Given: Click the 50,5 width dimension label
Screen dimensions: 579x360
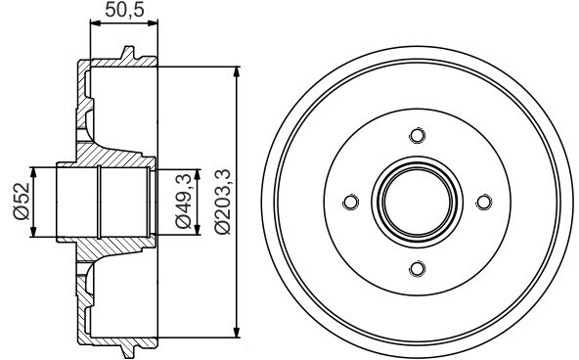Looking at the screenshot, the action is click(x=124, y=9).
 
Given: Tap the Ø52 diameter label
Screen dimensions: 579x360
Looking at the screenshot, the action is click(x=22, y=202).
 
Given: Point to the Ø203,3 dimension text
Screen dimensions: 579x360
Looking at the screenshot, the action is click(x=223, y=202).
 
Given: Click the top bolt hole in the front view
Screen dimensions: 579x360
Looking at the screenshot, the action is click(x=418, y=135).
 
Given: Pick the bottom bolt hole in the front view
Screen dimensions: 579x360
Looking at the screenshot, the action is click(x=418, y=268).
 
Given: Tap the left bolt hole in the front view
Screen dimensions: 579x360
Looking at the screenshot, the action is click(x=350, y=202).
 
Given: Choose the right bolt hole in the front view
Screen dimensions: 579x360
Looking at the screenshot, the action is click(x=484, y=202).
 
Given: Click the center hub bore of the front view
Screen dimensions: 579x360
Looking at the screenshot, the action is click(x=418, y=202).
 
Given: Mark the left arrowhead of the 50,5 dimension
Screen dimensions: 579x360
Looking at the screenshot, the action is click(x=95, y=23).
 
